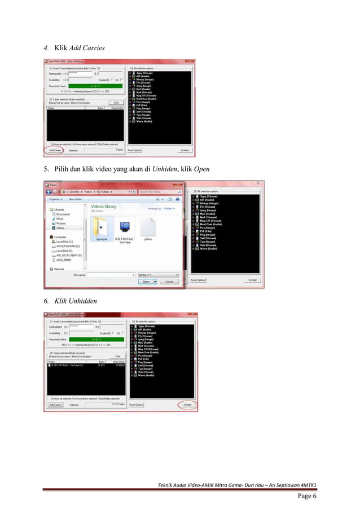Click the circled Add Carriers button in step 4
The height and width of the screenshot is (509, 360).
coord(55,151)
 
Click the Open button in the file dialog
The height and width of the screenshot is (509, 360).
coord(146,281)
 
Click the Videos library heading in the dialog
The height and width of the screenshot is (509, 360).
coord(103,207)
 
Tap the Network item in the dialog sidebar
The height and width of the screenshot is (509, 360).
coord(59,269)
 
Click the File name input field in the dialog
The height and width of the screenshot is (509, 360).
coord(111,275)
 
